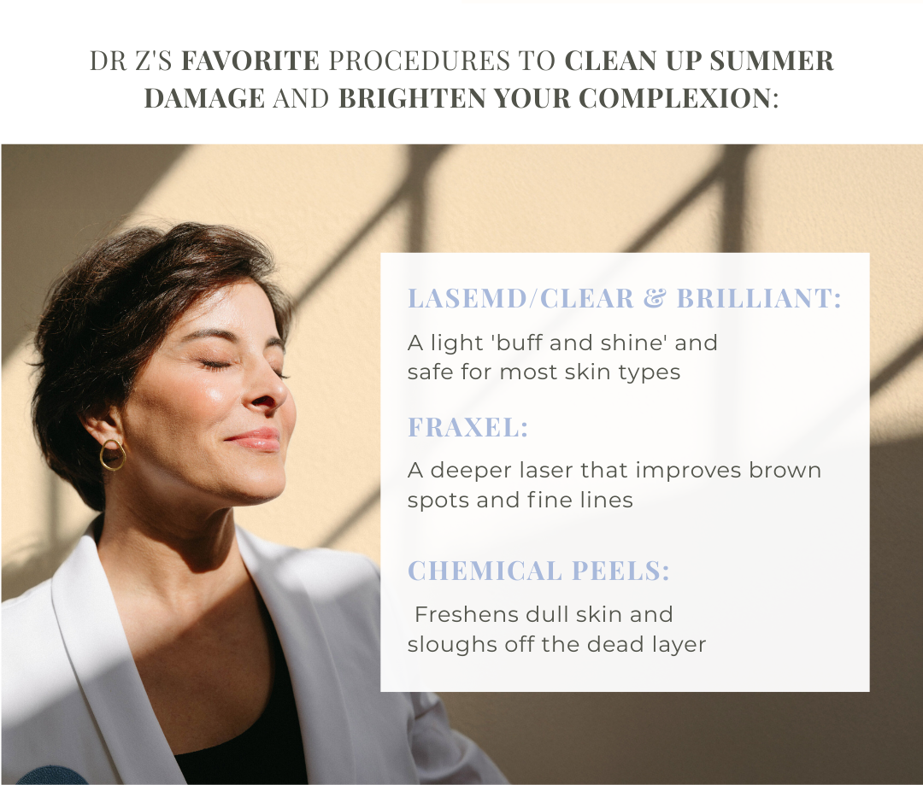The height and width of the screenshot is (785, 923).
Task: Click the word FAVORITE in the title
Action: (250, 61)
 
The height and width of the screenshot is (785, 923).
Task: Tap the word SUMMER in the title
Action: (771, 61)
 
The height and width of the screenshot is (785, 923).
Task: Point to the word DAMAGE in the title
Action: (204, 97)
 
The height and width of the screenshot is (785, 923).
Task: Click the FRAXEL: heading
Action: (468, 427)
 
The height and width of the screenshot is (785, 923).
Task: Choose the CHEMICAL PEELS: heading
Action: (538, 571)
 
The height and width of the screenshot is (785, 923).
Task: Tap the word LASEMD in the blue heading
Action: (466, 298)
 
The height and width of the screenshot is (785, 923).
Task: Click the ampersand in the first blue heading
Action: (655, 298)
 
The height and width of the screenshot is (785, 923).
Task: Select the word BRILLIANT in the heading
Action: (755, 298)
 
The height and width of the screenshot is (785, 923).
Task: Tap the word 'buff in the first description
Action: (519, 343)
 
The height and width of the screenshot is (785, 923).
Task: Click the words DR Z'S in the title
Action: (131, 61)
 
